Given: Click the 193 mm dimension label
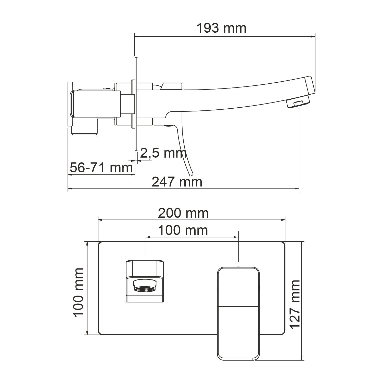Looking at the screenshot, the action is click(x=221, y=28).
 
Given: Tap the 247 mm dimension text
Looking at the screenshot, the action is click(x=177, y=182).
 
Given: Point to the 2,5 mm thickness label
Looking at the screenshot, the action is click(x=163, y=153).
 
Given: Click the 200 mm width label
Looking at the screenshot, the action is click(x=183, y=213).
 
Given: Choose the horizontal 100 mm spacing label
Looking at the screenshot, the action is click(x=183, y=231).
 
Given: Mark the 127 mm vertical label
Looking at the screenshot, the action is click(x=295, y=304).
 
